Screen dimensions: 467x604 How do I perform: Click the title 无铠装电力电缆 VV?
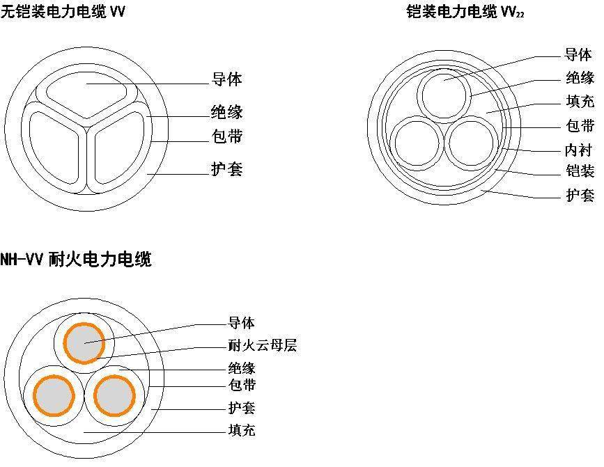pyautogui.click(x=63, y=11)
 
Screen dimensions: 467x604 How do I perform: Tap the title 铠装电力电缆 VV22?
pyautogui.click(x=465, y=12)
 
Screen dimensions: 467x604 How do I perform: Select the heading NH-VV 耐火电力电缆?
pyautogui.click(x=75, y=260)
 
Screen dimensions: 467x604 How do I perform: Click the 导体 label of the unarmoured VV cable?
pyautogui.click(x=226, y=79)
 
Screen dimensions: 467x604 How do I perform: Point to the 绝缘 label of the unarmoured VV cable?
pyautogui.click(x=226, y=111)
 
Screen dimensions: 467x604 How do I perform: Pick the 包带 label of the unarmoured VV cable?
pyautogui.click(x=226, y=136)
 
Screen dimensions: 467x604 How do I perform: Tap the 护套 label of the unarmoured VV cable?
pyautogui.click(x=226, y=169)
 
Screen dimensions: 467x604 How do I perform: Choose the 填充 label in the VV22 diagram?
pyautogui.click(x=580, y=102)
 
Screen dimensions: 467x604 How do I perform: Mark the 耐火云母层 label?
pyautogui.click(x=262, y=345)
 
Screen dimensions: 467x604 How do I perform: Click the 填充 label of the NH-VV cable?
pyautogui.click(x=241, y=430)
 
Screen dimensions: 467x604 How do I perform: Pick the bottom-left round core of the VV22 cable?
pyautogui.click(x=416, y=144)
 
